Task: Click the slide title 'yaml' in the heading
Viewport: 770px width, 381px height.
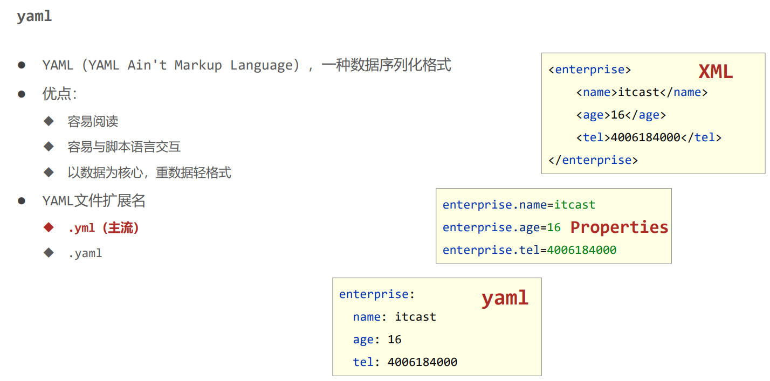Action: point(34,16)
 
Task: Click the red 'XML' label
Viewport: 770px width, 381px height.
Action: point(716,72)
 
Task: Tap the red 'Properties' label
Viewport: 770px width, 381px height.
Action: point(619,227)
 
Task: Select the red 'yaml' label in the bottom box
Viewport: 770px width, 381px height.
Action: point(505,298)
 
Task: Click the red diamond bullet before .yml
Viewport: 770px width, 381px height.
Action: point(49,227)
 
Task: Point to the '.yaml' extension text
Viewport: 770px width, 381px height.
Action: point(85,253)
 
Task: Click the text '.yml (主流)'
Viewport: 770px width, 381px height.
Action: point(104,228)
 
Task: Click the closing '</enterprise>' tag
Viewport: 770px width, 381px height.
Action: point(593,160)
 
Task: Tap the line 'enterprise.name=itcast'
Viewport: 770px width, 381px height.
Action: point(519,205)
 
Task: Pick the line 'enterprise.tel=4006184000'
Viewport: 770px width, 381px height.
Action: point(529,250)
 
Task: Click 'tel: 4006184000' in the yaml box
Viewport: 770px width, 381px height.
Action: point(405,362)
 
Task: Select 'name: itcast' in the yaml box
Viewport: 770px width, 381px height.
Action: point(394,317)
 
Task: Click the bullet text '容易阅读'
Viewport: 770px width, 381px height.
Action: point(93,121)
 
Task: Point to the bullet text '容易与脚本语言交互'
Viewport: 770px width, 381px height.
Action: point(124,147)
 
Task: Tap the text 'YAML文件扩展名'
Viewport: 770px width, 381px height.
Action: point(94,202)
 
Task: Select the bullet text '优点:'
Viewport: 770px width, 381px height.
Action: point(59,94)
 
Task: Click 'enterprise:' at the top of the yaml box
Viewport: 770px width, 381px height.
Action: point(376,294)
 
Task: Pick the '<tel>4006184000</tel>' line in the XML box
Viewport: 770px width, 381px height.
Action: point(648,137)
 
